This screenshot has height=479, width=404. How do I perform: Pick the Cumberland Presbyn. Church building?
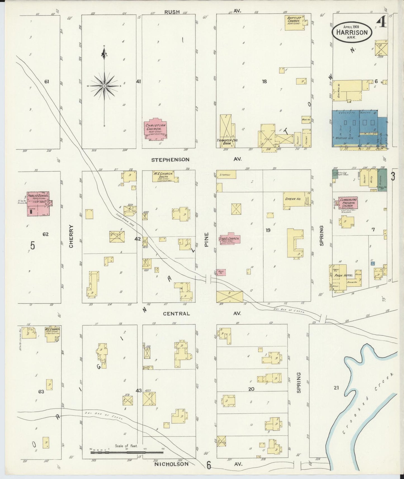pyautogui.click(x=348, y=203)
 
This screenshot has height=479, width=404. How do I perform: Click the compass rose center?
pyautogui.click(x=104, y=86)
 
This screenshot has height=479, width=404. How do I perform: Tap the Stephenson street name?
pyautogui.click(x=170, y=160)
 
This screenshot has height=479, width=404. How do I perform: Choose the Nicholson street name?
pyautogui.click(x=171, y=464)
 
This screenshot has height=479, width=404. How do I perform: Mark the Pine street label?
pyautogui.click(x=207, y=239)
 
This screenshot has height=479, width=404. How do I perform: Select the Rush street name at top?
pyautogui.click(x=172, y=12)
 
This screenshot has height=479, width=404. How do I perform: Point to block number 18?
pyautogui.click(x=264, y=82)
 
